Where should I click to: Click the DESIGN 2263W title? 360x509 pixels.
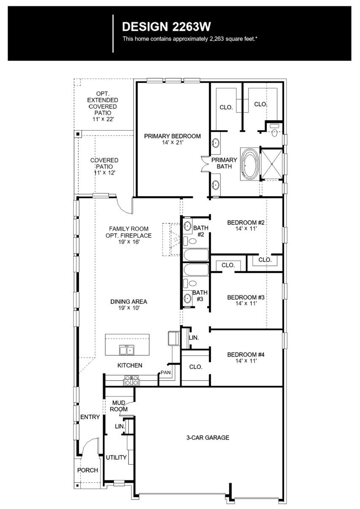point(166,27)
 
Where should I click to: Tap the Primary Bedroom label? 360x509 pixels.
point(172,139)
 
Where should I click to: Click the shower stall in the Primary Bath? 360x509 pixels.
point(271,164)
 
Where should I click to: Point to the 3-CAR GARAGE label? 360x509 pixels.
point(208,438)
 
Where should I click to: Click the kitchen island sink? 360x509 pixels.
point(127,350)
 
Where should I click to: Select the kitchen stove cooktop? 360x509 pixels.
point(131,381)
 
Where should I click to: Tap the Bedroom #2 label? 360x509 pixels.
point(246,225)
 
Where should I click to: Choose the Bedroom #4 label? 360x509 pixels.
point(246,357)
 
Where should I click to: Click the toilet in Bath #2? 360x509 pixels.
point(190,241)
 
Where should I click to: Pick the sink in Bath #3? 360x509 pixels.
point(187,298)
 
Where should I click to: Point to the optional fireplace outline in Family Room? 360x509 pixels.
point(171,239)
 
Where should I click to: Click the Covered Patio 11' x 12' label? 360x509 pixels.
point(104,166)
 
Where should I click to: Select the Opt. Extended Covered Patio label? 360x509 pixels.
point(103,106)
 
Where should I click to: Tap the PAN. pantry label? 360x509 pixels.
point(165,373)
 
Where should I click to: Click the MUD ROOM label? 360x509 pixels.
point(119,406)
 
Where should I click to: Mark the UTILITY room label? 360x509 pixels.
point(116,458)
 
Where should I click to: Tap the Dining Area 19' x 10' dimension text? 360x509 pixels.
point(128,308)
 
